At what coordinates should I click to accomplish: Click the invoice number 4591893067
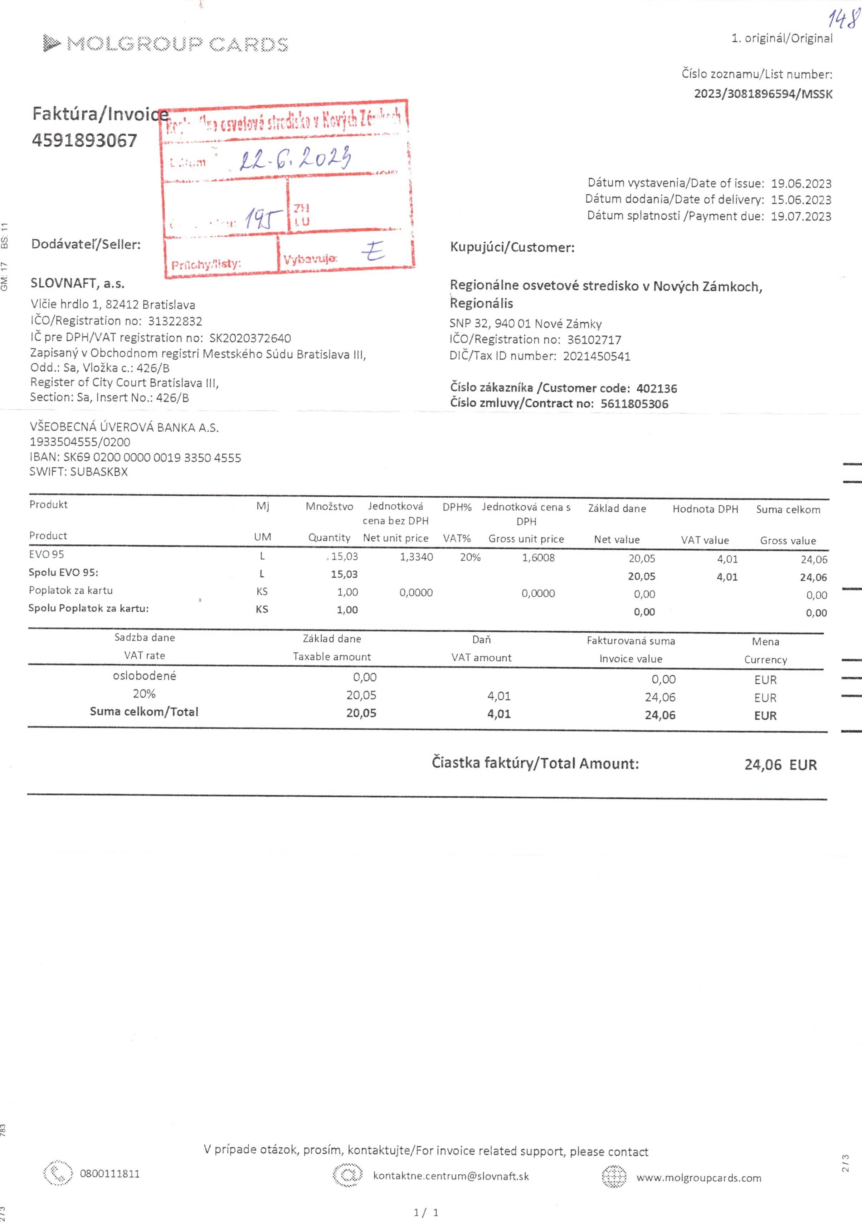[x=85, y=140]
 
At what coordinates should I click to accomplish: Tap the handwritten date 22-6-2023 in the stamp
[x=295, y=158]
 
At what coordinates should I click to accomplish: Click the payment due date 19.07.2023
[x=801, y=217]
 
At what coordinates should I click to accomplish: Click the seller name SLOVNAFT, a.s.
[x=78, y=283]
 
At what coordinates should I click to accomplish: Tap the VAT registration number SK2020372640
[x=250, y=338]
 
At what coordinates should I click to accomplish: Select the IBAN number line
[x=136, y=457]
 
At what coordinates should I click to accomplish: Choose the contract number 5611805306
[x=634, y=404]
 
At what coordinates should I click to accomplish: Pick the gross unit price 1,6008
[x=539, y=558]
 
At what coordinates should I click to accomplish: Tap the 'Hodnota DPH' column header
[x=705, y=509]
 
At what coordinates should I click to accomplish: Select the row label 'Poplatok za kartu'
[x=71, y=590]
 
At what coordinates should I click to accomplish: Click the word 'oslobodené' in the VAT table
[x=144, y=676]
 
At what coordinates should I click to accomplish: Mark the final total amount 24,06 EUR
[x=780, y=764]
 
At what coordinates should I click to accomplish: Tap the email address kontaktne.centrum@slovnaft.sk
[x=451, y=1176]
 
